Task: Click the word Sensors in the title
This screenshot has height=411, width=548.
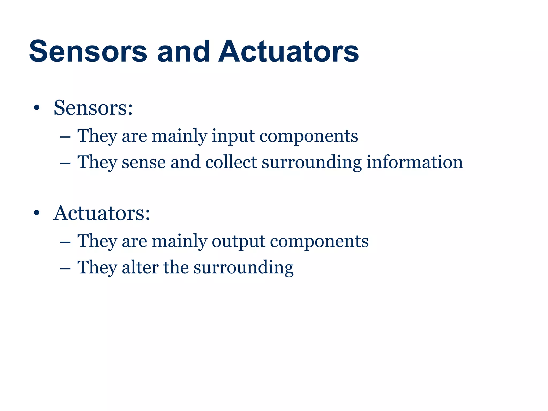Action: (88, 51)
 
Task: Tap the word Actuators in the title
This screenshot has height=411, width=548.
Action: (288, 51)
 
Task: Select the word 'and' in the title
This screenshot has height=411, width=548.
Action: (183, 51)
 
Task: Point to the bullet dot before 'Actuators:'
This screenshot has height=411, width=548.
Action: (37, 214)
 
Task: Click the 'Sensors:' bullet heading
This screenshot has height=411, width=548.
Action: (93, 108)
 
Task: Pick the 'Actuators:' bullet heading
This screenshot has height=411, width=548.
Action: (102, 213)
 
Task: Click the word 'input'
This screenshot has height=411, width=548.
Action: (233, 136)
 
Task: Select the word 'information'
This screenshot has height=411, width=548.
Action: (414, 162)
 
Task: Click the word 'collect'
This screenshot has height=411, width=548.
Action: (231, 162)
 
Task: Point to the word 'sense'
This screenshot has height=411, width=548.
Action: (144, 163)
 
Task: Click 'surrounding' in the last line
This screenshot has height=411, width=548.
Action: (243, 268)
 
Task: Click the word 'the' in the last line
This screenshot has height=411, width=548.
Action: (176, 267)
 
